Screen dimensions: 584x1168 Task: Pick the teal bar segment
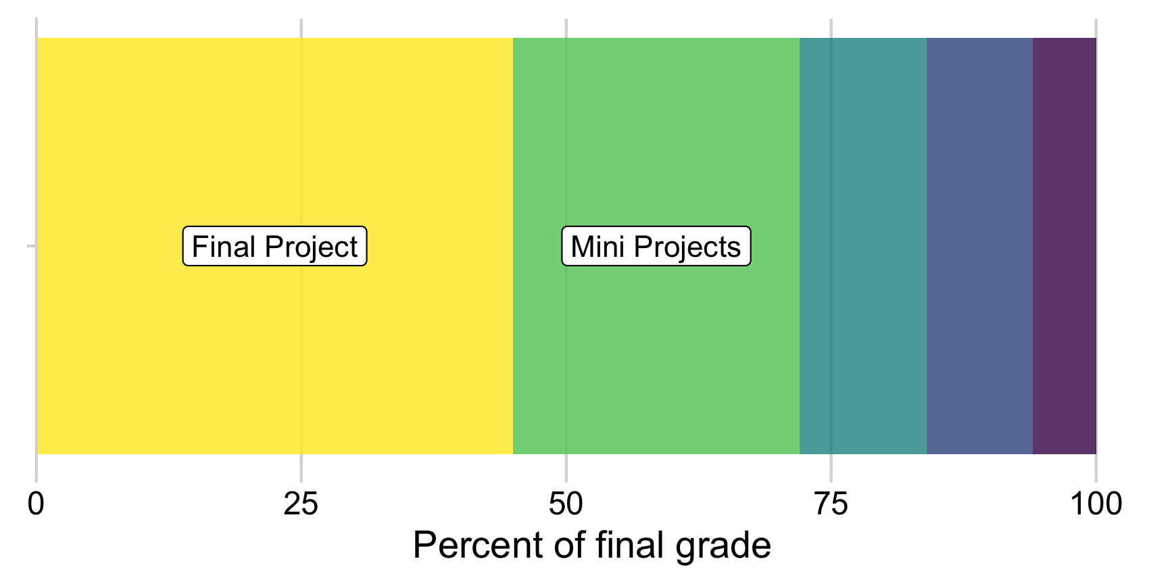click(x=862, y=246)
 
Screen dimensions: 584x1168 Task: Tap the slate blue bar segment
click(x=979, y=246)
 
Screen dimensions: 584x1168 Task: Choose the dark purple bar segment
click(x=1064, y=246)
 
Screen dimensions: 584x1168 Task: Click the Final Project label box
click(x=274, y=247)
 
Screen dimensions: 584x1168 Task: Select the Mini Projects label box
click(x=656, y=247)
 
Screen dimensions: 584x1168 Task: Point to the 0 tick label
click(x=36, y=504)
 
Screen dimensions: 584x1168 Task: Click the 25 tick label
click(x=301, y=504)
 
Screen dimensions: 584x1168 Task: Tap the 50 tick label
click(x=566, y=504)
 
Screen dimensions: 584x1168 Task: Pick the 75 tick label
click(x=831, y=504)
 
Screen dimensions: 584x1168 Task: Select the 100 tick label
click(x=1095, y=504)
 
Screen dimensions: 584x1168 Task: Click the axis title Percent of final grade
click(x=591, y=545)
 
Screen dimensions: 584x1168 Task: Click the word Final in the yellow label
click(x=217, y=247)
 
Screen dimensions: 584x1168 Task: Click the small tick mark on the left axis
click(x=30, y=246)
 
